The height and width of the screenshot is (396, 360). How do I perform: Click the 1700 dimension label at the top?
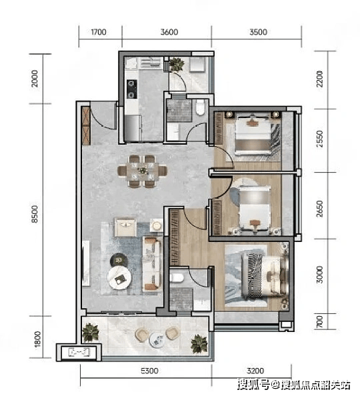pos(99,32)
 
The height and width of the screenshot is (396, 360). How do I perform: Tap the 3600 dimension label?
pos(169,32)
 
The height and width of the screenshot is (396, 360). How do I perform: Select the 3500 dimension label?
pos(258,32)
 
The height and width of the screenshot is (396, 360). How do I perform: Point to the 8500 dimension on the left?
pos(35,214)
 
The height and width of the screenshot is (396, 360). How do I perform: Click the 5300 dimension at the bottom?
pos(149,371)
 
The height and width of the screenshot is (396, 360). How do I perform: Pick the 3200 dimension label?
pos(255,371)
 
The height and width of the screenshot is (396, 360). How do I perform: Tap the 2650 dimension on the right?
pos(319,209)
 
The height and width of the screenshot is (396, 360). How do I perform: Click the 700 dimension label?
pos(319,322)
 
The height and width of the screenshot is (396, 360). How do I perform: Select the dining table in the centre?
pos(143,171)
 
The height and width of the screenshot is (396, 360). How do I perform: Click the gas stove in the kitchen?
pos(131,89)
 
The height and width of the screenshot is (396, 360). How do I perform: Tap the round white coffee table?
pos(119,278)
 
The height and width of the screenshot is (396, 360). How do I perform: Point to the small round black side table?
pos(119,260)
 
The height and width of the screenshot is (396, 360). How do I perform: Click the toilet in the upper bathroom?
pos(201,107)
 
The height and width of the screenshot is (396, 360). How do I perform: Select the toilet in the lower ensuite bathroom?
pos(177,277)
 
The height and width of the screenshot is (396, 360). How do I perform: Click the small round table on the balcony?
pos(157,340)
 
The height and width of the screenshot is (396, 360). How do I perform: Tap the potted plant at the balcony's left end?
pos(90,333)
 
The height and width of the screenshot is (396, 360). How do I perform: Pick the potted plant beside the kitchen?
pos(177,64)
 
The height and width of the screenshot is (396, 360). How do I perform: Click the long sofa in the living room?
pos(152,263)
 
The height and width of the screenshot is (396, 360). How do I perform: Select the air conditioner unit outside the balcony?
pos(79,352)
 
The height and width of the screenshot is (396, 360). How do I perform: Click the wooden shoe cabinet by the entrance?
pos(86,126)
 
